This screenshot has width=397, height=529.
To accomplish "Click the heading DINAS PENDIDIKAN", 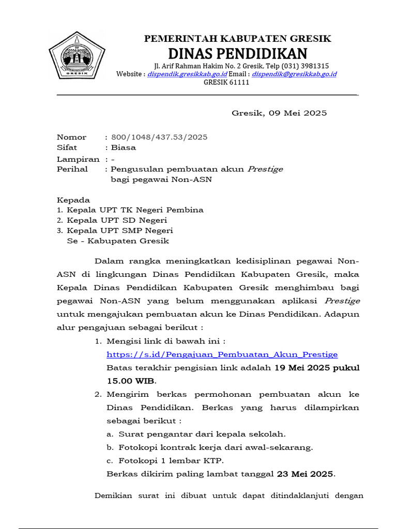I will [x=237, y=53].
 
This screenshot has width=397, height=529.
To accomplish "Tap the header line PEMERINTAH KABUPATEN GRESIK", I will [x=237, y=39].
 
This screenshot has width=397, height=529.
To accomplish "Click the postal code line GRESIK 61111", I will [x=226, y=82].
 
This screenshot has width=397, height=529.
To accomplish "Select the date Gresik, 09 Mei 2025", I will [x=279, y=113].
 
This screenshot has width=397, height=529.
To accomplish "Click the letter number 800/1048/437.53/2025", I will [x=159, y=137].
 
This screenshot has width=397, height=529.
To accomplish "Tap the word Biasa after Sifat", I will [x=124, y=148].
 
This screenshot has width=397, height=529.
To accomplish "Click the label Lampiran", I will [x=78, y=159].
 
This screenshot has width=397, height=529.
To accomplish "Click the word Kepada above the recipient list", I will [x=73, y=199].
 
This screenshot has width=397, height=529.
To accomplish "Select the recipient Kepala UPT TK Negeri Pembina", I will [x=135, y=210].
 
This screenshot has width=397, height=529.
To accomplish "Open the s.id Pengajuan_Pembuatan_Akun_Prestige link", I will [x=222, y=354].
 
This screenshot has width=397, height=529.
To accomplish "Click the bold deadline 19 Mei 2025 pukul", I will [x=316, y=368].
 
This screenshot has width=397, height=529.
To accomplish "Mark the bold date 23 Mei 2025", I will [x=305, y=474].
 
